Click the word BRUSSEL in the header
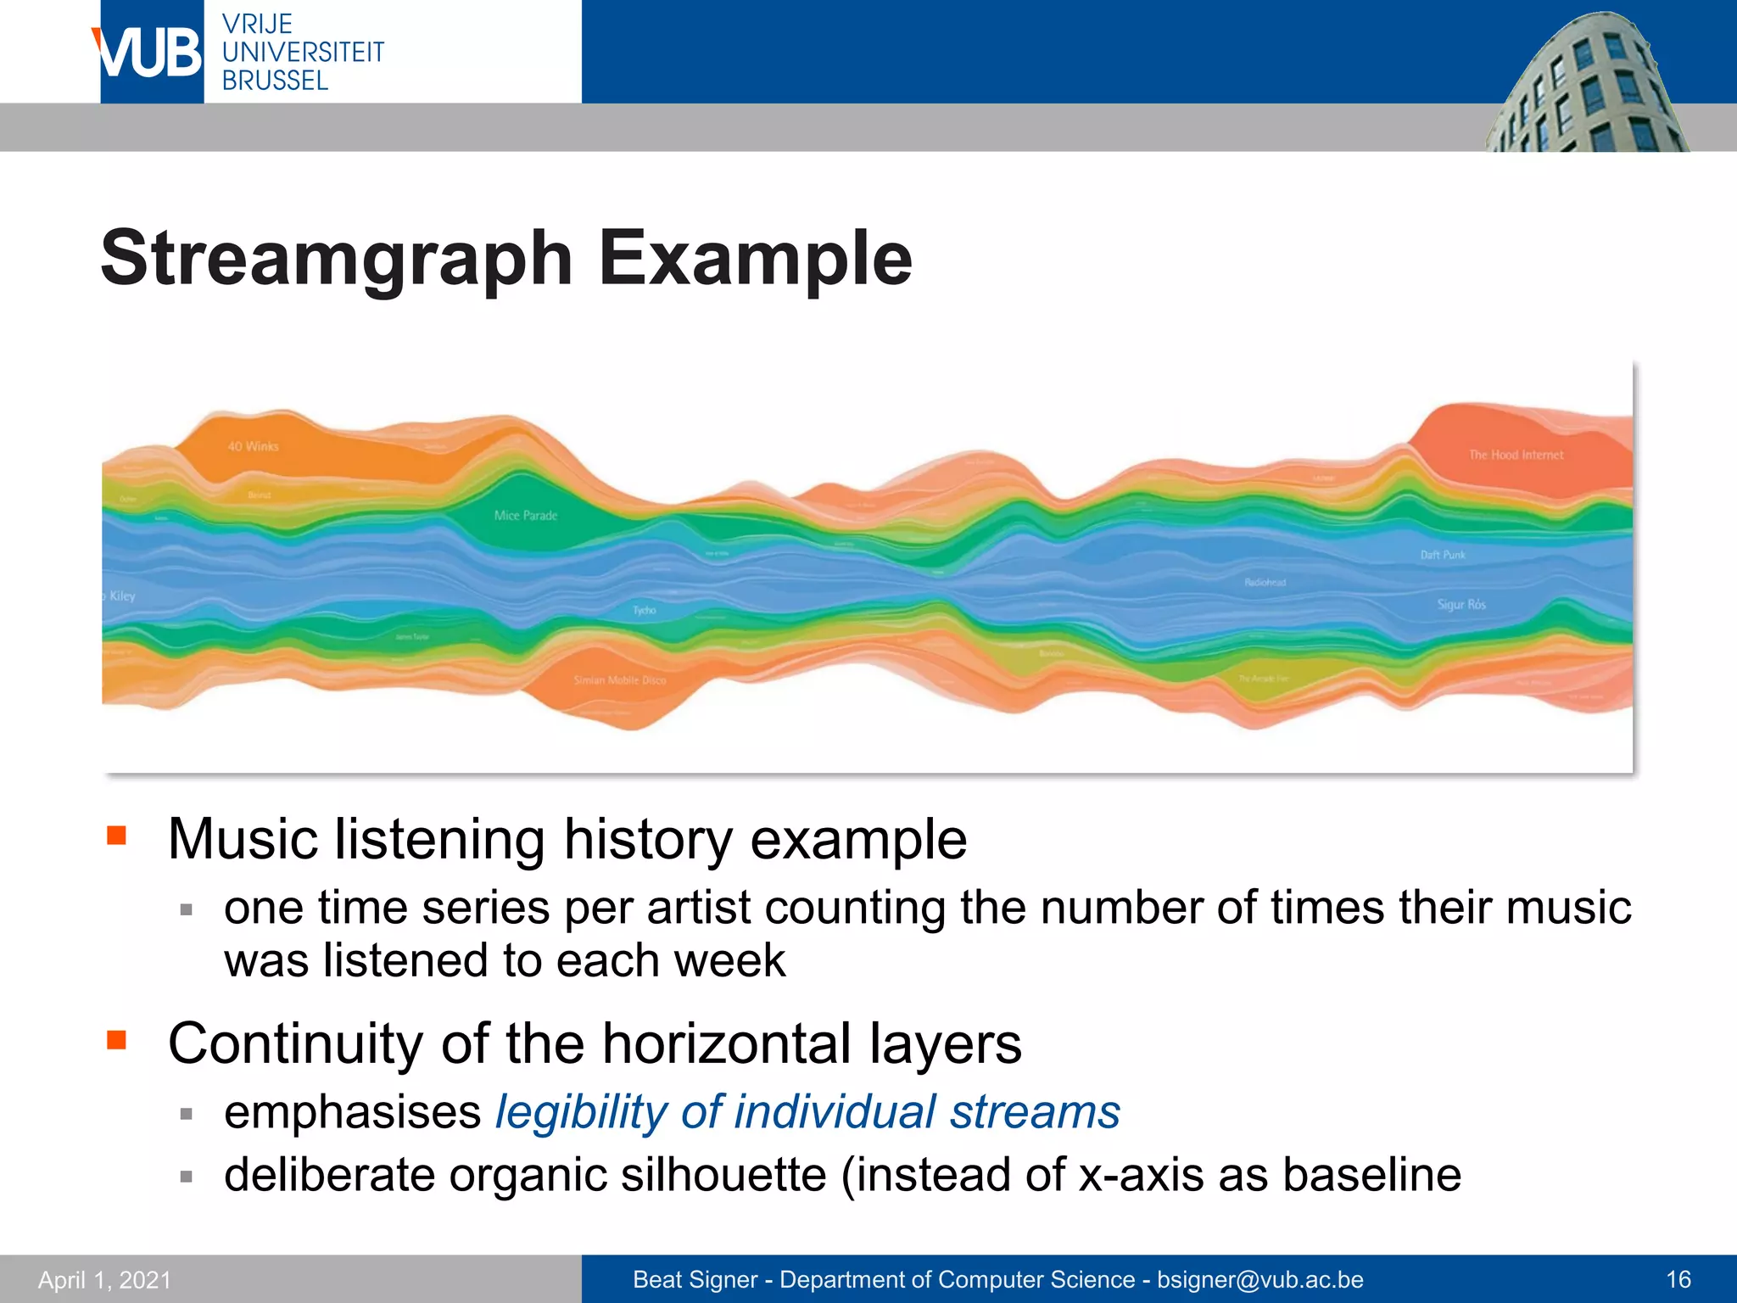tap(275, 81)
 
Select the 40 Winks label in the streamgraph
tap(253, 446)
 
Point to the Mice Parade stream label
tap(526, 515)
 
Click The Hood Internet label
tap(1516, 455)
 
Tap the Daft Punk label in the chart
tap(1443, 555)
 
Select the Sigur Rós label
tap(1461, 604)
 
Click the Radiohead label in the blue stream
tap(1265, 582)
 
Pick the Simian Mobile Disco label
tap(619, 680)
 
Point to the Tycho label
tap(644, 610)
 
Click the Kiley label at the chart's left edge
tap(121, 596)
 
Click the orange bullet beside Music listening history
tap(116, 836)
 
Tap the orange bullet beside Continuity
tap(116, 1039)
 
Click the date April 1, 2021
tap(104, 1279)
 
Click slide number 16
tap(1678, 1279)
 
